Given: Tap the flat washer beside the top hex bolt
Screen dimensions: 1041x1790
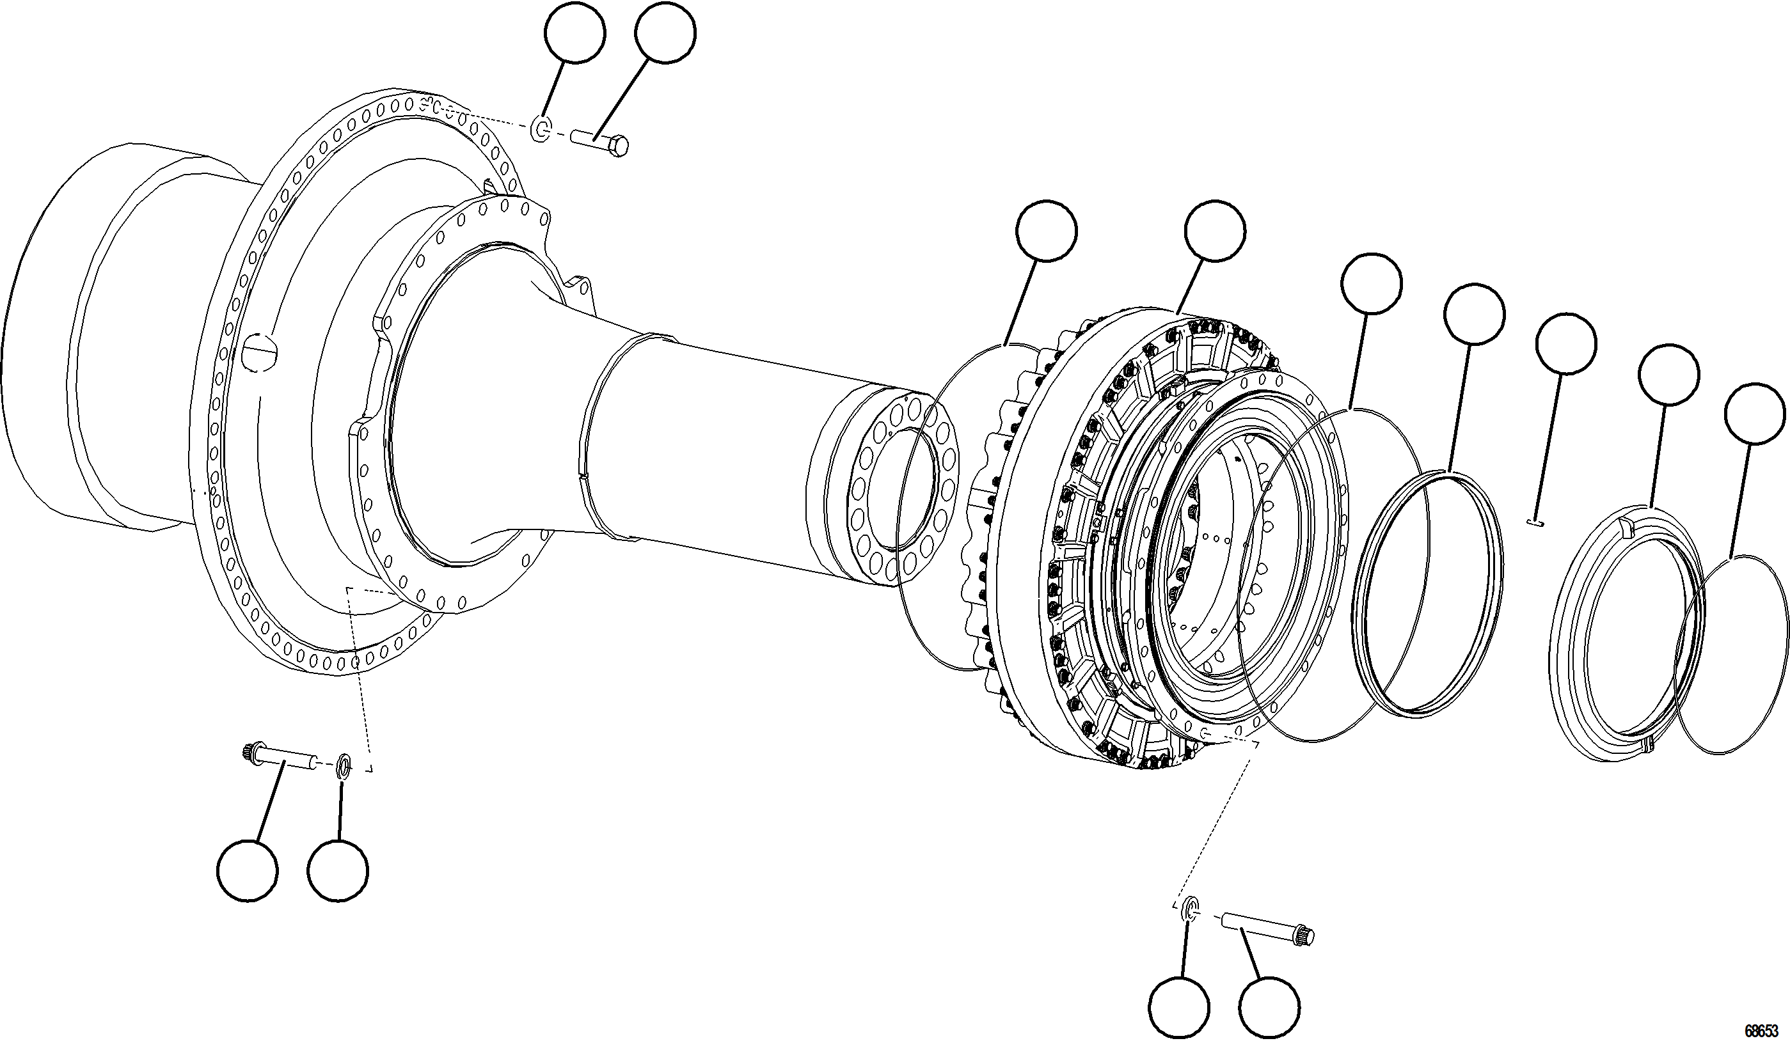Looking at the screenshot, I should coord(541,129).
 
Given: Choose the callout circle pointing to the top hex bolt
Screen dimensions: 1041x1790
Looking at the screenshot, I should coord(665,33).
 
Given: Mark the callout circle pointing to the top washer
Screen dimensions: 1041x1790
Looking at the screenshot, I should coord(574,33).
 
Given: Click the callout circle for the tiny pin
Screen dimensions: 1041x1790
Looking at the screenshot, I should coord(1565,343).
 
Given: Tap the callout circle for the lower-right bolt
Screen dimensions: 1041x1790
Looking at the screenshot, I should coord(1270,1007).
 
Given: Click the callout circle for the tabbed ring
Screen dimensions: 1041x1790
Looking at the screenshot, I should coord(1668,375).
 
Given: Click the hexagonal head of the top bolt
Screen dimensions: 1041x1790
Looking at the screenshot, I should coord(619,146).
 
